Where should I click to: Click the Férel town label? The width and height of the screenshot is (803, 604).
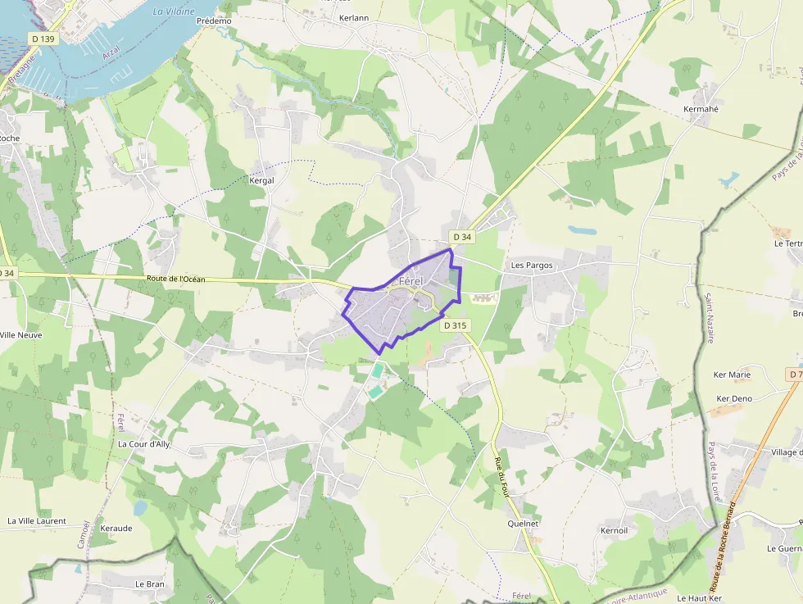click(411, 281)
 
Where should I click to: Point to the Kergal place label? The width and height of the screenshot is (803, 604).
click(261, 180)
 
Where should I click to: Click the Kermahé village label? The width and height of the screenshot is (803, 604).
click(701, 109)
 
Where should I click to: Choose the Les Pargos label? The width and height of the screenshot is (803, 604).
click(532, 266)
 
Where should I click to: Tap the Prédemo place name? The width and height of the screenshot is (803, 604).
click(215, 20)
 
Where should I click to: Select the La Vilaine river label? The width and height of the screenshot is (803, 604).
click(174, 11)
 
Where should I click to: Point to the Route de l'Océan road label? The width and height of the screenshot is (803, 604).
click(176, 279)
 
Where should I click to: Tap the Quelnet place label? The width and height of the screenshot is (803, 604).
click(524, 523)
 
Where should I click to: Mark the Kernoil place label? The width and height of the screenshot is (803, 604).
click(614, 530)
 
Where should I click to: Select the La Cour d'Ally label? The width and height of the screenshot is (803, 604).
click(143, 444)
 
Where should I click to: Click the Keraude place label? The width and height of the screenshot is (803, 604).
click(116, 528)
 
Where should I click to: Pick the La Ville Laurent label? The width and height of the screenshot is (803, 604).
click(36, 520)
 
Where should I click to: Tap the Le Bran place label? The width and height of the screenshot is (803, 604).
click(150, 584)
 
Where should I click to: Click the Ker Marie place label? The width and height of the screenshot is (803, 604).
click(732, 375)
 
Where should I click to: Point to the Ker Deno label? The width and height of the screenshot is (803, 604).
click(734, 399)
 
